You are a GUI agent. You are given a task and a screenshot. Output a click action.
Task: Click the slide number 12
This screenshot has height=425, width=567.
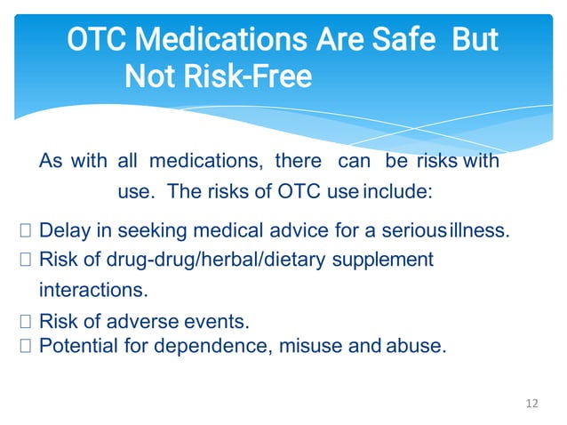pyautogui.click(x=532, y=404)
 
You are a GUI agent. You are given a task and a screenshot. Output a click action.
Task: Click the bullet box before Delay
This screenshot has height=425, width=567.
pyautogui.click(x=25, y=232)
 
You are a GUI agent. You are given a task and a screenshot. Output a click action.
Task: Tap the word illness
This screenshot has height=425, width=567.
pyautogui.click(x=480, y=231)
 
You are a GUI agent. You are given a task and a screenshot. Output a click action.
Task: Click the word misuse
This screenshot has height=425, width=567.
pyautogui.click(x=312, y=346)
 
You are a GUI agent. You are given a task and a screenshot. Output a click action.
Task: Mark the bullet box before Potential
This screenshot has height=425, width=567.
pyautogui.click(x=25, y=346)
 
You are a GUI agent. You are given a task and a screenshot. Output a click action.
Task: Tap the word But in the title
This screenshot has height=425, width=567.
pyautogui.click(x=475, y=41)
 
